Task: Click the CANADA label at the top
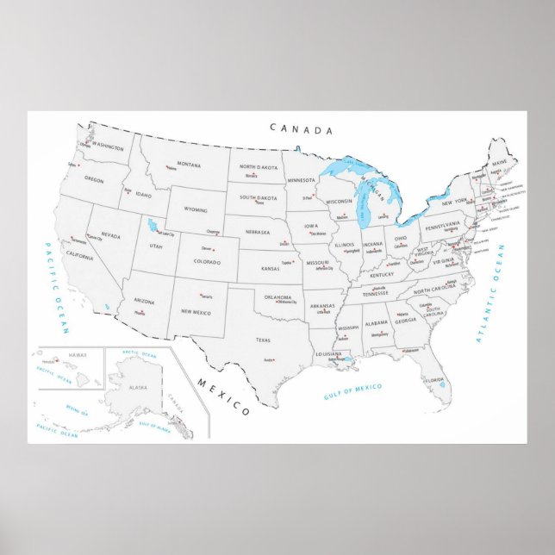click(301, 129)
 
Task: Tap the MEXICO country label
click(222, 396)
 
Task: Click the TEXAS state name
click(263, 340)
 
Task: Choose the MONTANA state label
click(189, 164)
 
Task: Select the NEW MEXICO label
click(196, 312)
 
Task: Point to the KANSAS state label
click(271, 269)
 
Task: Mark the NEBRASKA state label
click(258, 232)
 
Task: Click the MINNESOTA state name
click(302, 180)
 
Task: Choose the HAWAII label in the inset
click(78, 354)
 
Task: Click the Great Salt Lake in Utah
click(153, 227)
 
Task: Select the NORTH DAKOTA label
click(259, 167)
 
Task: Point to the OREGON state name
click(93, 179)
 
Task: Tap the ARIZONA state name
click(143, 301)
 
